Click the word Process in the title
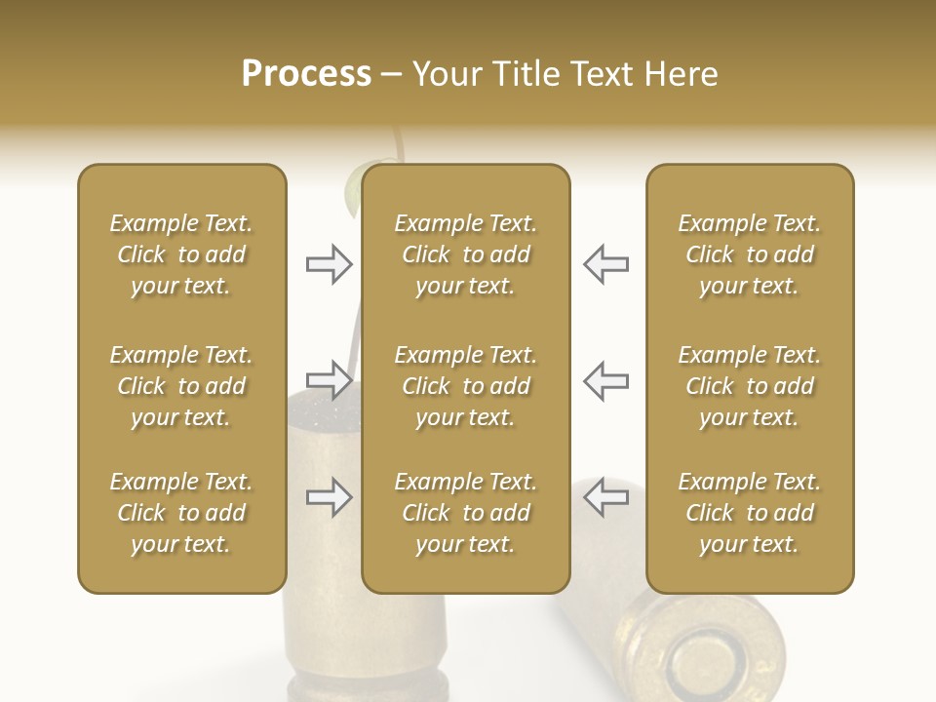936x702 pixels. pyautogui.click(x=306, y=74)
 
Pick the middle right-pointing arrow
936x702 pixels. pyautogui.click(x=329, y=380)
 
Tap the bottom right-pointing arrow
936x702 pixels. pyautogui.click(x=329, y=497)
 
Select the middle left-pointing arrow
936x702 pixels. pyautogui.click(x=606, y=380)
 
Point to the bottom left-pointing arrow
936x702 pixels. pyautogui.click(x=606, y=497)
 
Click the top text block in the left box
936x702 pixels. pyautogui.click(x=181, y=254)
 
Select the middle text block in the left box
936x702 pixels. pyautogui.click(x=181, y=386)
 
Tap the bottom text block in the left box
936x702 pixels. pyautogui.click(x=181, y=513)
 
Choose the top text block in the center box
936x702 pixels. pyautogui.click(x=466, y=254)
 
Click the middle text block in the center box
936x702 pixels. pyautogui.click(x=466, y=386)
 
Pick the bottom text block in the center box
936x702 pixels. pyautogui.click(x=466, y=513)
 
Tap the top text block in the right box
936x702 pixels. pyautogui.click(x=750, y=254)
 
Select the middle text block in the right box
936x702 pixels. pyautogui.click(x=750, y=386)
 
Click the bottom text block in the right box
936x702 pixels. pyautogui.click(x=750, y=513)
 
